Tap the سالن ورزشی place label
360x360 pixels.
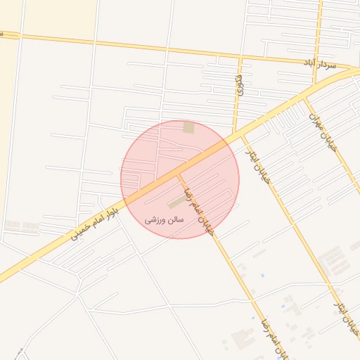tap(164, 219)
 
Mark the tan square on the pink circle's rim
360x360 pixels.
tap(188, 127)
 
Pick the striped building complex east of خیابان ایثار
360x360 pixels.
tap(330, 261)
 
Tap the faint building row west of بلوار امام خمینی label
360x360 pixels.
tap(21, 226)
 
